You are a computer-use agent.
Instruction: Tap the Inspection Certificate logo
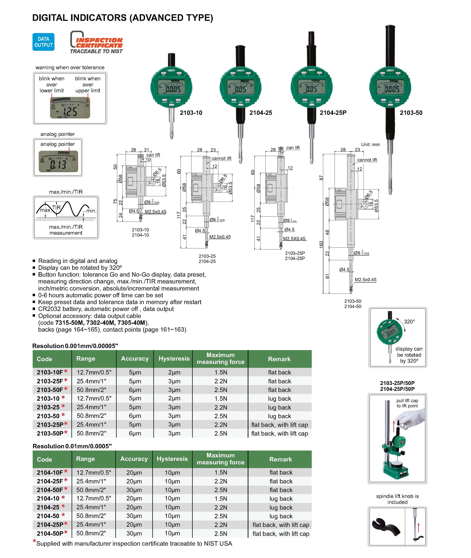[96, 42]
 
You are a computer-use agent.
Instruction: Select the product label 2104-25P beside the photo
[333, 113]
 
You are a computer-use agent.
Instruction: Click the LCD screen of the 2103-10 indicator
[171, 87]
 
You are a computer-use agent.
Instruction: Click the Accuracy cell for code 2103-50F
[135, 390]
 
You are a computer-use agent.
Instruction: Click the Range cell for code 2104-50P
[91, 533]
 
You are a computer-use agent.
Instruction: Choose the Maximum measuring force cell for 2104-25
[221, 508]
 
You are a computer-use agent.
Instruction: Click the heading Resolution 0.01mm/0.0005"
[72, 446]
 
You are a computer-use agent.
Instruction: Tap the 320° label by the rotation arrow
[409, 322]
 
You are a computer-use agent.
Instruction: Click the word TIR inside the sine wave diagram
[56, 208]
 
